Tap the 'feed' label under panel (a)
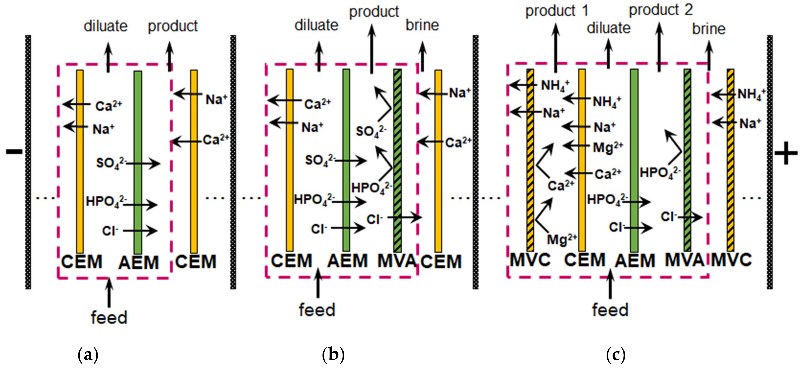pos(109,317)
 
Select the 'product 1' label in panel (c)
pos(557,11)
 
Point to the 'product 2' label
pos(661,10)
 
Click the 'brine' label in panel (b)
pos(422,25)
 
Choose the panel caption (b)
pos(333,355)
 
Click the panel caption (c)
pos(616,355)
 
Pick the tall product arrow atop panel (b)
pos(371,50)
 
